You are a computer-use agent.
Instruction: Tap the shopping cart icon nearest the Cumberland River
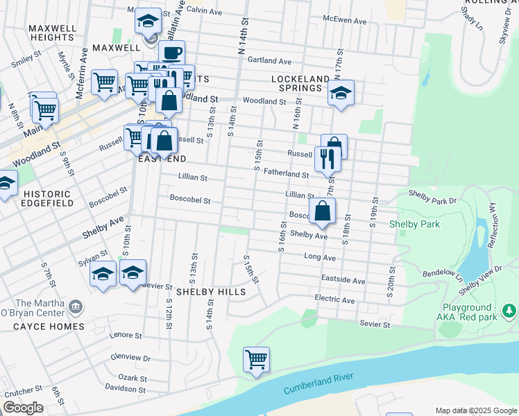coord(256,359)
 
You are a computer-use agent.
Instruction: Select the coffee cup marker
coord(171,53)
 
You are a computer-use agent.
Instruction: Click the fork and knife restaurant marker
coord(327,159)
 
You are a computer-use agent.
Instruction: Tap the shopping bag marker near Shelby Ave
coord(323,211)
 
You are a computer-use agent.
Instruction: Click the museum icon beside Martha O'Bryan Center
coord(76,306)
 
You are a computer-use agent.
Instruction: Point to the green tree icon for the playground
coord(510,310)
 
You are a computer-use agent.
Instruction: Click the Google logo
coord(23,408)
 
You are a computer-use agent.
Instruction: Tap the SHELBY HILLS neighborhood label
coord(210,293)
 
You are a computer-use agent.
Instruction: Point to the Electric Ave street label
coord(334,301)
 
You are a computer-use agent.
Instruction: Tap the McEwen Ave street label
coord(345,21)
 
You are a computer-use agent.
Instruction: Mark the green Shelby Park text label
coord(411,223)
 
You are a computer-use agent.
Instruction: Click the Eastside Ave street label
coord(343,281)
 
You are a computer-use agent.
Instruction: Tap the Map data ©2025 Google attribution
coord(476,410)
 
